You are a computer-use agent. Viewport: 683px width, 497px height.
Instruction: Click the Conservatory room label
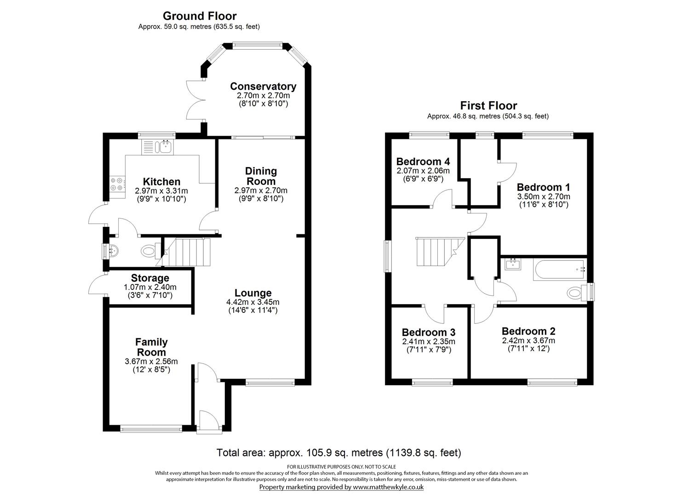click(263, 87)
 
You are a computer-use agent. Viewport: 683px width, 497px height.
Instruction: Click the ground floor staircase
click(187, 252)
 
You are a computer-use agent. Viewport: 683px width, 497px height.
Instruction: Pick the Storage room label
click(150, 278)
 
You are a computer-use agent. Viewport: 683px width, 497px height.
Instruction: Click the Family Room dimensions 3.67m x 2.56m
click(151, 362)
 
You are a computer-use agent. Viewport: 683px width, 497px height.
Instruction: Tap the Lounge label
click(253, 293)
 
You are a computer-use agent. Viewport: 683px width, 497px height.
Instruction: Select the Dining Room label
click(261, 176)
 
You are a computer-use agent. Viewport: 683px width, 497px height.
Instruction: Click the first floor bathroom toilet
click(576, 292)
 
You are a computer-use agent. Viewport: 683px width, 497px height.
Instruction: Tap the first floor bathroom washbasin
click(512, 264)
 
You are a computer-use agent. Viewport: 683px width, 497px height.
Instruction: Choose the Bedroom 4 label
click(423, 162)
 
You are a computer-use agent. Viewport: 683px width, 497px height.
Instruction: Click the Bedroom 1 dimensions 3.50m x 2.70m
click(543, 196)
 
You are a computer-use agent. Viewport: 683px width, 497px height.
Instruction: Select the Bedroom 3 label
click(428, 332)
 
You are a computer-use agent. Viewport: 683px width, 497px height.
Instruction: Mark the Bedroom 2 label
click(528, 331)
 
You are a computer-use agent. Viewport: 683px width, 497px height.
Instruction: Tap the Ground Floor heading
click(200, 17)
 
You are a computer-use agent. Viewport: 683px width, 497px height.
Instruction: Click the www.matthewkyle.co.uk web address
click(388, 487)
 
